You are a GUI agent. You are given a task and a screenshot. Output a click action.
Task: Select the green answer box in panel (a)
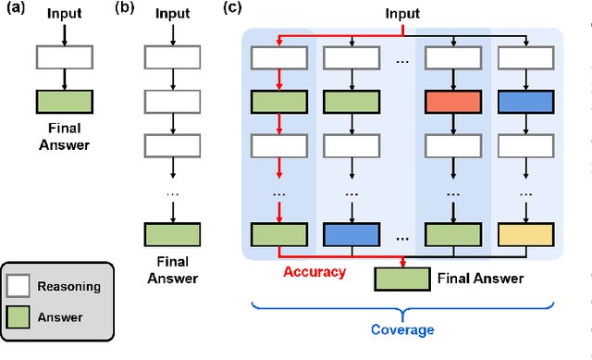(64, 101)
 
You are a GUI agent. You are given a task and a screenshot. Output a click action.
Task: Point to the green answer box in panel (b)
(173, 235)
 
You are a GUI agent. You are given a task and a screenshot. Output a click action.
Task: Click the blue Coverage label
(402, 329)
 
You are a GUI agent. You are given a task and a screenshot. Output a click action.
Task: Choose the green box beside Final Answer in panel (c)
(402, 278)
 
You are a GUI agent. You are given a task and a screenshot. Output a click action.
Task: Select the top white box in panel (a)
(64, 57)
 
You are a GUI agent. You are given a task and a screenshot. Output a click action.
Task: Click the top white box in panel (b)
(173, 57)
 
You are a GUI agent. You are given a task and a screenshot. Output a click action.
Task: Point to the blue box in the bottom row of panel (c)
(351, 235)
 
